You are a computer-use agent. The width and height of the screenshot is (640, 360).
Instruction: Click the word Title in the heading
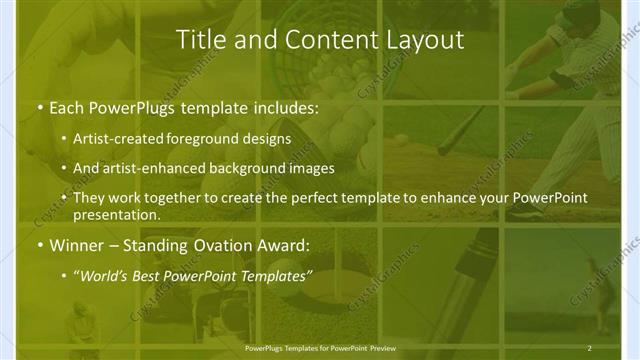click(x=199, y=40)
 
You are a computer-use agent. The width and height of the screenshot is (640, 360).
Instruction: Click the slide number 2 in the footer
click(x=590, y=348)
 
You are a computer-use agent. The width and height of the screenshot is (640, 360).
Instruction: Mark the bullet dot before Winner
click(x=38, y=245)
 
